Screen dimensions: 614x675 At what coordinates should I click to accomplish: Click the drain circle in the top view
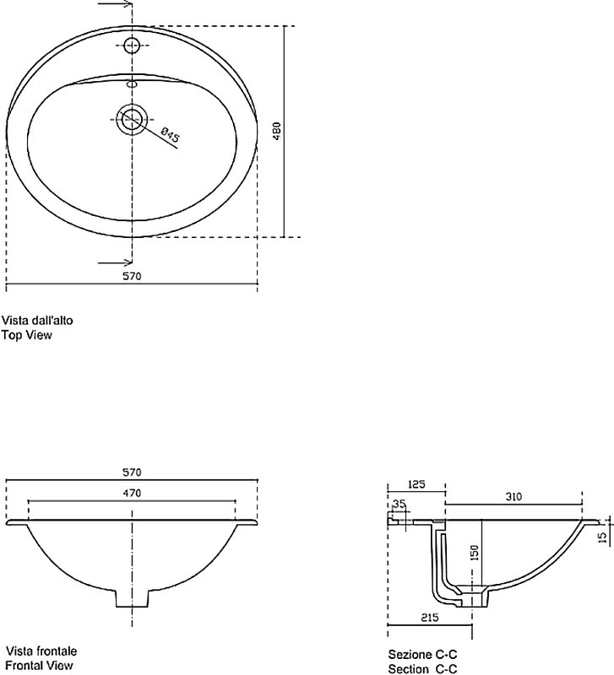point(132,119)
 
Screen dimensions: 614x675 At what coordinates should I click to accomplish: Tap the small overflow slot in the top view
point(132,84)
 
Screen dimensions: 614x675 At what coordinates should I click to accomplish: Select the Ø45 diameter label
point(171,134)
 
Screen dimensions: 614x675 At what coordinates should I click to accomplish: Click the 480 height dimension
point(277,131)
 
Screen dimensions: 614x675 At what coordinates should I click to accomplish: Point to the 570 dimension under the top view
point(132,276)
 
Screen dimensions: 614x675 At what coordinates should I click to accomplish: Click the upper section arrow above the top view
point(115,4)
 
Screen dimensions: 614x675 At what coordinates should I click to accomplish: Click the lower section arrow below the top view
point(115,262)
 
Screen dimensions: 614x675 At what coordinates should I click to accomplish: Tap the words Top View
point(27,335)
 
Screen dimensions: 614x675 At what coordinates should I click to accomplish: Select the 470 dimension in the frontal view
point(132,493)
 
